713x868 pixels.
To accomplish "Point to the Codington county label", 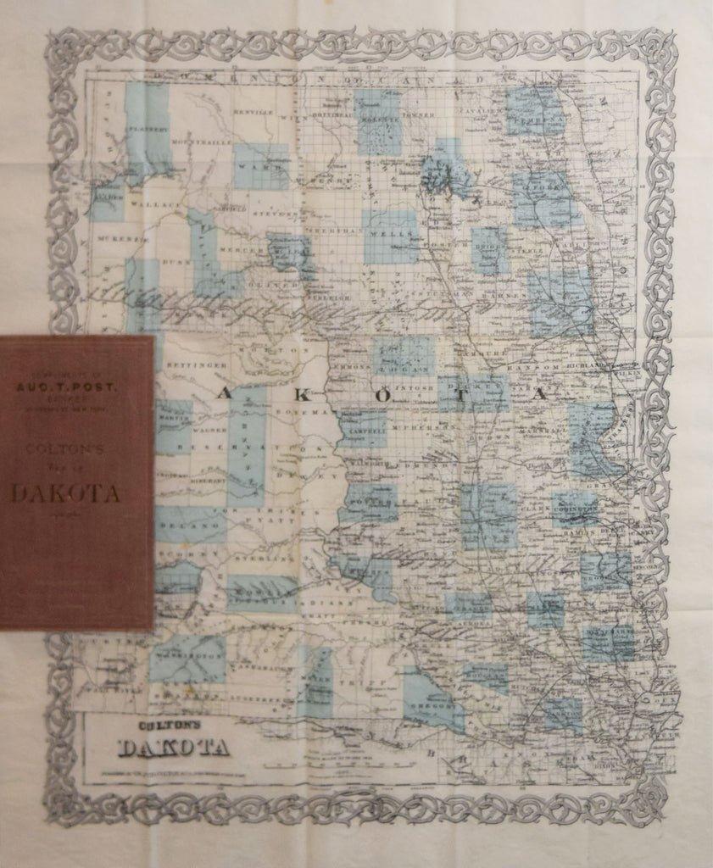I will pyautogui.click(x=574, y=509).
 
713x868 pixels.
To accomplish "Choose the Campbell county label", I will pyautogui.click(x=364, y=429).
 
